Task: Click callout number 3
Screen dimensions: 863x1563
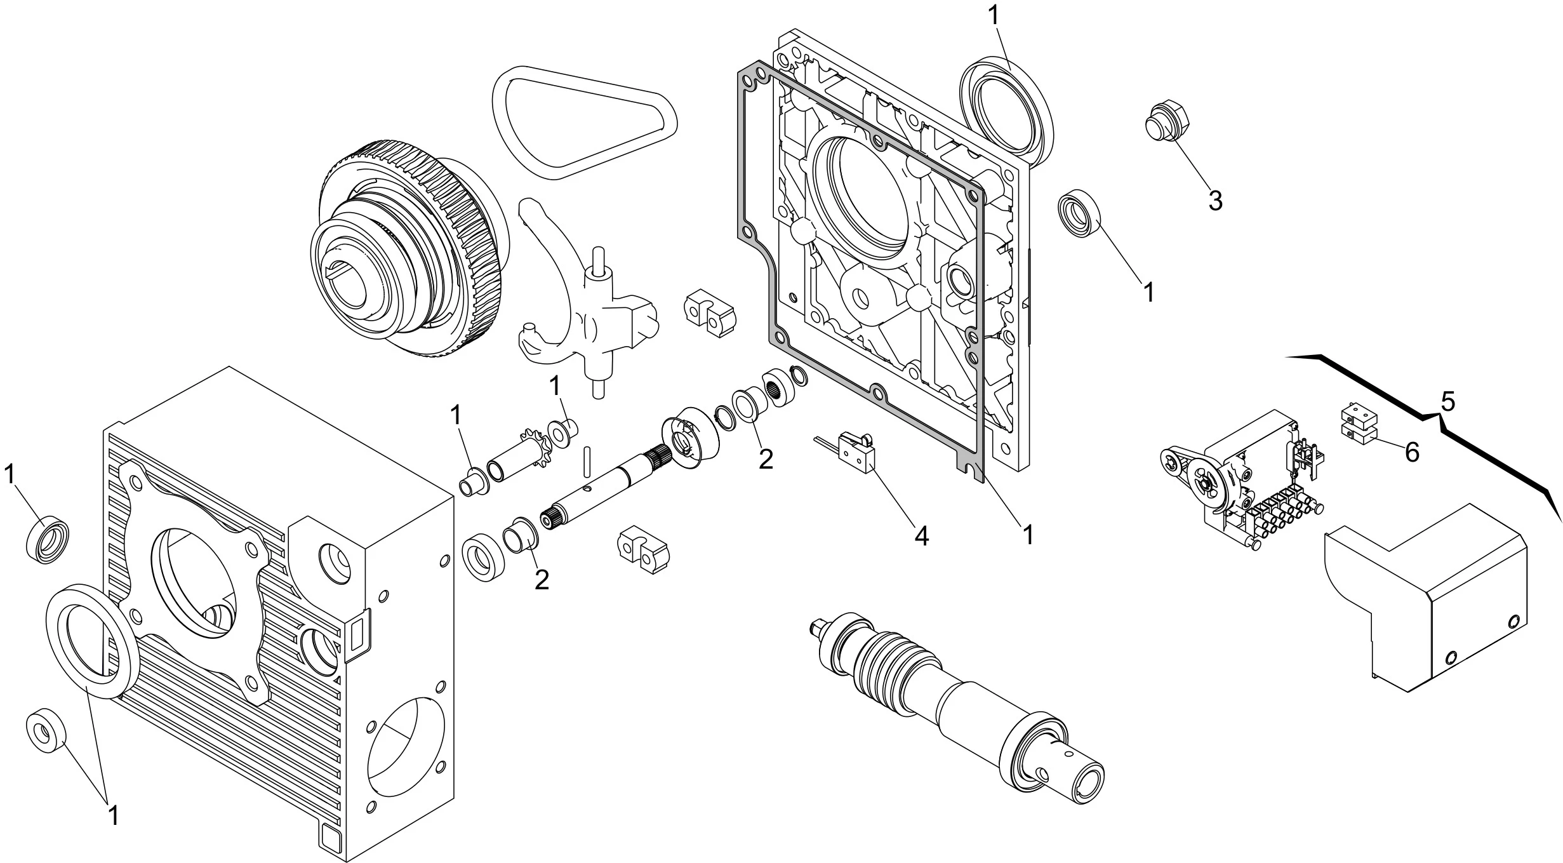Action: (x=1214, y=201)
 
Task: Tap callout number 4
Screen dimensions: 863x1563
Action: (x=921, y=536)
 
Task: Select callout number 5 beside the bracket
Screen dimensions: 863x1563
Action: (x=1447, y=401)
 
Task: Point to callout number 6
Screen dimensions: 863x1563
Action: (x=1411, y=453)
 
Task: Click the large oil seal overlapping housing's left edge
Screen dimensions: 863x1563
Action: (x=92, y=641)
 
